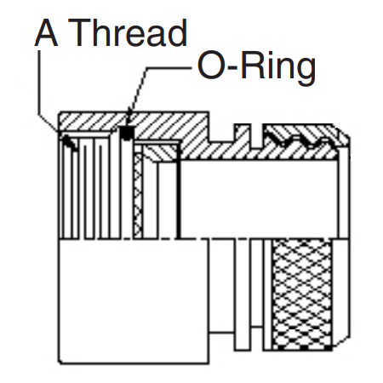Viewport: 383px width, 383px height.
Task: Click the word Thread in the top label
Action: click(128, 32)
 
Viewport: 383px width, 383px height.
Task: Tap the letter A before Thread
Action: click(46, 32)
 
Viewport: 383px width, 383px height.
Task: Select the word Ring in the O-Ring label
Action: click(278, 67)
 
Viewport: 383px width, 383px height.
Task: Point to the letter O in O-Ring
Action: click(210, 66)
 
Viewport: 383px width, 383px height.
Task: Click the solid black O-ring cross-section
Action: click(127, 133)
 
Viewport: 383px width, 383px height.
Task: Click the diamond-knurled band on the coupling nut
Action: click(301, 294)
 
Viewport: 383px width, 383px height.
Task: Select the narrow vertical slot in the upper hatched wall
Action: click(256, 135)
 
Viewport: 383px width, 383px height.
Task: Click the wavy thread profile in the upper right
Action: click(300, 139)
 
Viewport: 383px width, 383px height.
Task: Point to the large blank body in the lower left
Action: click(134, 300)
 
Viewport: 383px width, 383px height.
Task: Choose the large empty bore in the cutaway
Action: click(259, 198)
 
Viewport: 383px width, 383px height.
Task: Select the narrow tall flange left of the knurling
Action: click(243, 294)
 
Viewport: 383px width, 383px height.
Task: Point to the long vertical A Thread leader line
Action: click(38, 83)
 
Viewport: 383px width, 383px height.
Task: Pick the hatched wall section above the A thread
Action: click(91, 122)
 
